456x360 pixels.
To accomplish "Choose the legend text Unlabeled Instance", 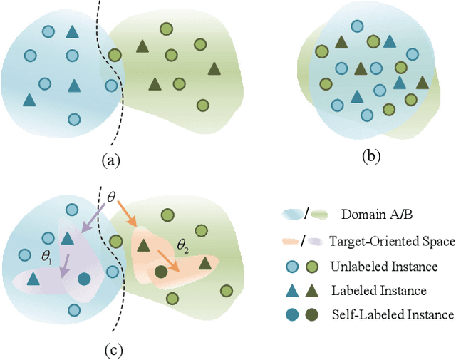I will [384, 266].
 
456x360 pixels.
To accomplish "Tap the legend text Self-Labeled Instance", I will [392, 314].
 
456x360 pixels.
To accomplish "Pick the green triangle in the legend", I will [311, 289].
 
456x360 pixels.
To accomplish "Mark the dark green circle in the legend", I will [311, 314].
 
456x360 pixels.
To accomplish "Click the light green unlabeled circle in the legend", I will [311, 266].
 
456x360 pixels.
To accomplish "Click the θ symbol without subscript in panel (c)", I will [110, 195].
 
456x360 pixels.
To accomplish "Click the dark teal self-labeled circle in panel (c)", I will [84, 279].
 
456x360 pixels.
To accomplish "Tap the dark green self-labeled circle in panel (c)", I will [161, 272].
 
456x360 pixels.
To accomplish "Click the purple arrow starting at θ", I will [93, 217].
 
